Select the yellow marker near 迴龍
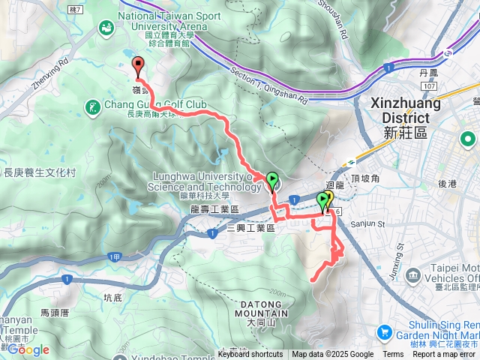tap(328, 199)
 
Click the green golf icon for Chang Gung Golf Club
tap(92, 108)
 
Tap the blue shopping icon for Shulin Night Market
tap(384, 331)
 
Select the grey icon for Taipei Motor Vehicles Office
tap(412, 276)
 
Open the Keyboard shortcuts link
tap(250, 355)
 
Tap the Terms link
tap(393, 355)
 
